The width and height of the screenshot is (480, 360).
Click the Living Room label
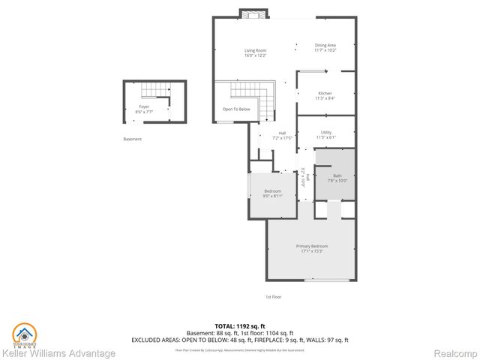click(255, 53)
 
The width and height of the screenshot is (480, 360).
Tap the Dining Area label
click(325, 47)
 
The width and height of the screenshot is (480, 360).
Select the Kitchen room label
click(325, 95)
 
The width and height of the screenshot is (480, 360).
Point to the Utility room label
click(325, 135)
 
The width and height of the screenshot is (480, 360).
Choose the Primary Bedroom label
click(311, 248)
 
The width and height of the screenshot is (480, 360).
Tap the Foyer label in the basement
click(142, 109)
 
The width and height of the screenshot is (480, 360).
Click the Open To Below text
click(235, 109)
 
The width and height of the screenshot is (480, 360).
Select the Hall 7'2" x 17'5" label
click(280, 136)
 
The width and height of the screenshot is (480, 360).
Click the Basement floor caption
click(132, 139)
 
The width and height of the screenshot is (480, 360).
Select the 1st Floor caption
click(274, 297)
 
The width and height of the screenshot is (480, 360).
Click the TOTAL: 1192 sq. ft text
click(240, 327)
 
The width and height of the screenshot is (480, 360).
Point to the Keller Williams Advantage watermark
click(58, 353)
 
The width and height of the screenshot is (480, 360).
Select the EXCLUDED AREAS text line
click(240, 340)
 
